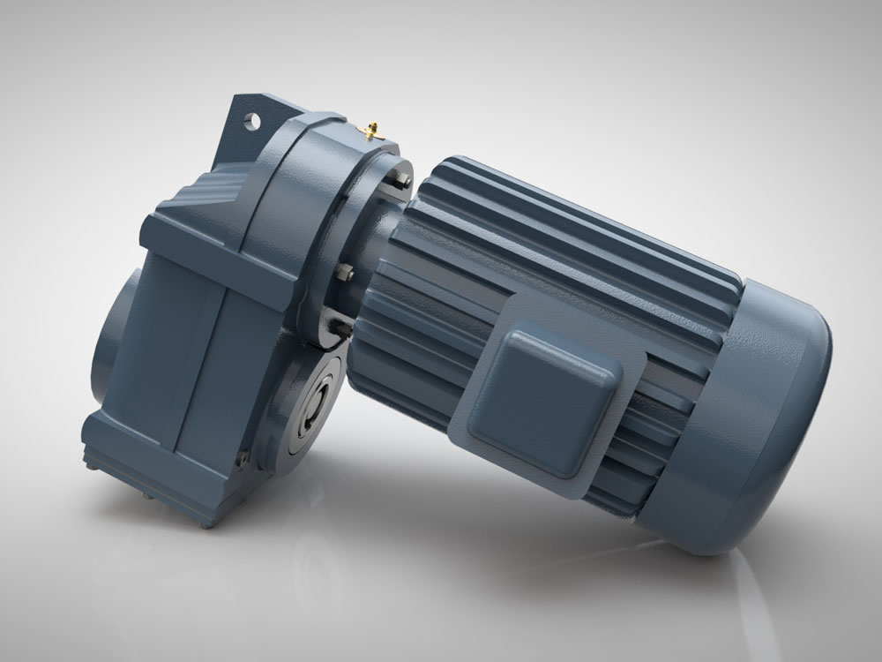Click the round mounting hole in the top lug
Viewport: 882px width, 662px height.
(257, 117)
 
